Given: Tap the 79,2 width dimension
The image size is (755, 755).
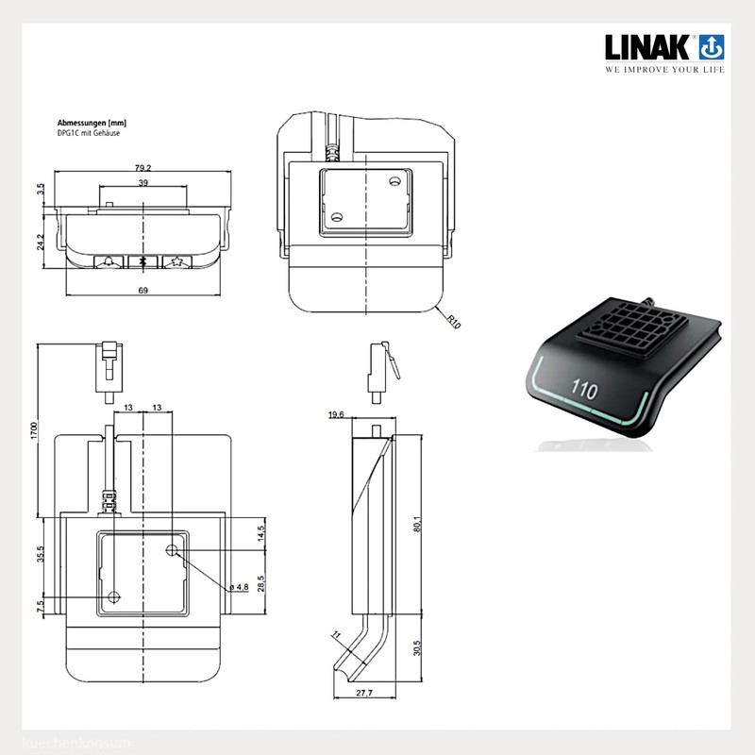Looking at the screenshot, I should (x=144, y=169).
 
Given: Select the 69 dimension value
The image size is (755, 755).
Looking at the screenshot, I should (x=143, y=289).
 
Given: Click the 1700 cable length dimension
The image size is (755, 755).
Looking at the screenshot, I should (x=33, y=429).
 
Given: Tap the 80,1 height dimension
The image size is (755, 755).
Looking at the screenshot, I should (x=417, y=524).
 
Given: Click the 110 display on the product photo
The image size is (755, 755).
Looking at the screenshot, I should (x=582, y=387).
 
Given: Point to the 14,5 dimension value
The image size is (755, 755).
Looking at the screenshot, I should (x=260, y=533).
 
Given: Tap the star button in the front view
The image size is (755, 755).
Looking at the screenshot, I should (x=175, y=261).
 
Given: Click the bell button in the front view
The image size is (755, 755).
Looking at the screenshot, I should (x=110, y=261).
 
